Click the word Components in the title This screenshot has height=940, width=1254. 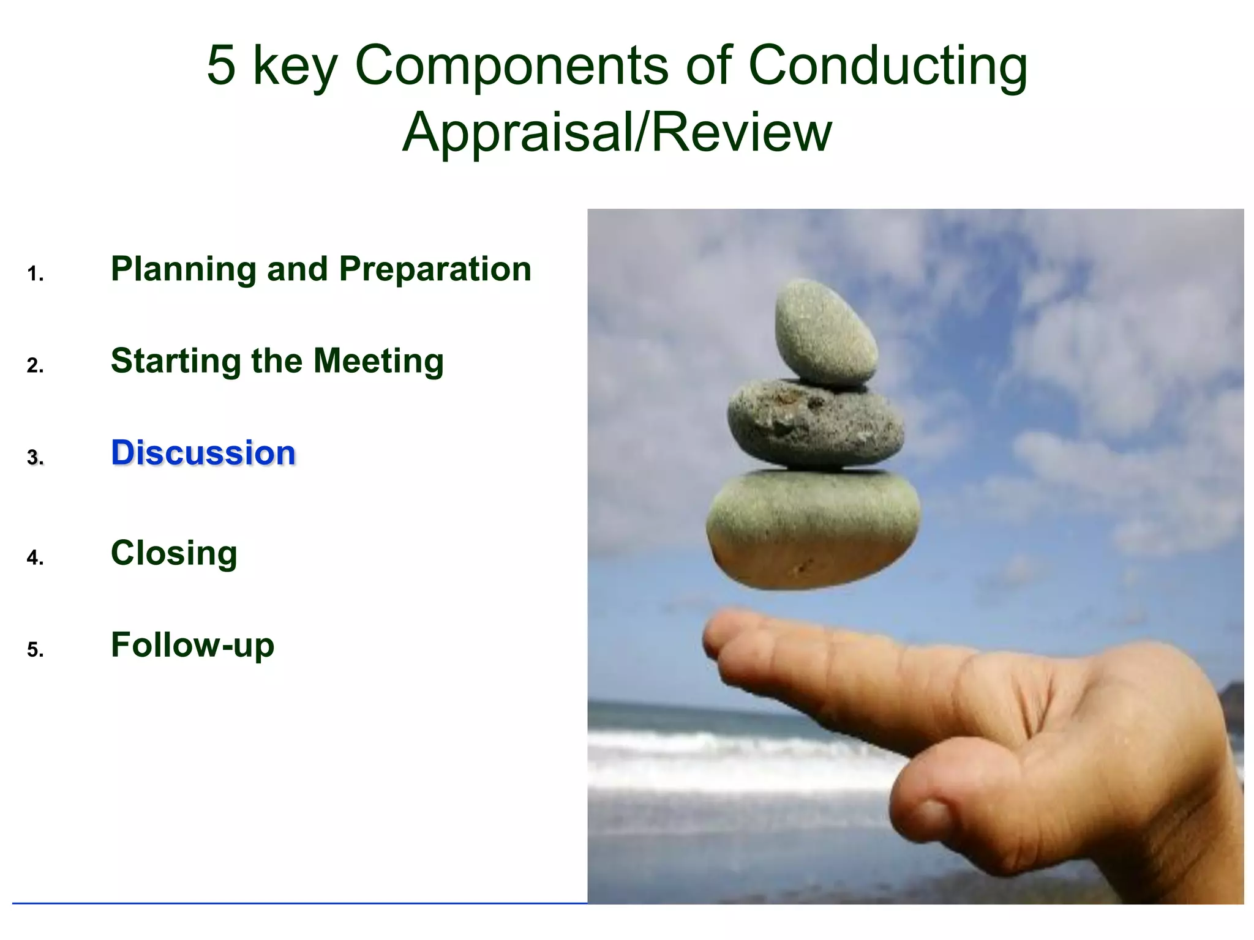511,65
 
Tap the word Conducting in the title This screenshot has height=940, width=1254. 888,65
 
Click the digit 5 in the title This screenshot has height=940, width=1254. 221,65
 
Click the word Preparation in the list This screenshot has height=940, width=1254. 435,269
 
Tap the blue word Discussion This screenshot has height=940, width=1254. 203,453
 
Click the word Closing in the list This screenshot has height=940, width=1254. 174,553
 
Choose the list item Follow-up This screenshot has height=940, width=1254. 192,645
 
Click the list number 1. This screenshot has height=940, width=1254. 35,274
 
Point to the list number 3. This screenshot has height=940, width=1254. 35,458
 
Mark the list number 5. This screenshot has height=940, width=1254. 35,649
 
